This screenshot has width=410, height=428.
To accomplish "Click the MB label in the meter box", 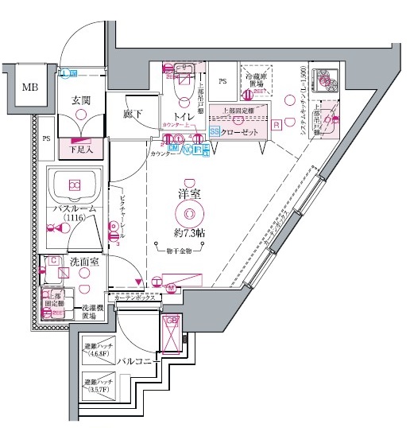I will click(29, 87).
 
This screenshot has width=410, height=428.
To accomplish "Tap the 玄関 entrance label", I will click(80, 99).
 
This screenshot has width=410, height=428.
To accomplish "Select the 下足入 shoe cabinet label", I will click(79, 148).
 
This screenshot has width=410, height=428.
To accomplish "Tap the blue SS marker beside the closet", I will click(215, 132).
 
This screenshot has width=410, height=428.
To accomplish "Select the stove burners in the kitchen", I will click(327, 80).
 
